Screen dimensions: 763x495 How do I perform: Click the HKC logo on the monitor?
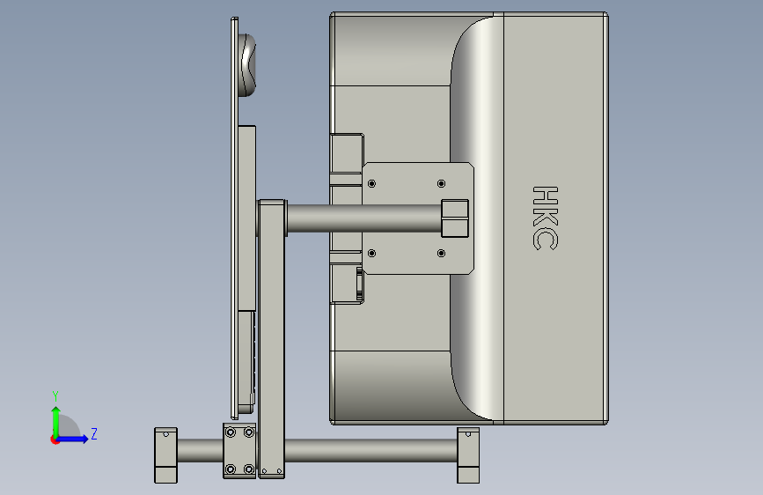coord(546,218)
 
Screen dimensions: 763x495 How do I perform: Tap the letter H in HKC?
coord(546,196)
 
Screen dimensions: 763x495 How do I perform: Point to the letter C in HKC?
coord(546,240)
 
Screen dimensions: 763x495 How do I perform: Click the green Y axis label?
coord(55,396)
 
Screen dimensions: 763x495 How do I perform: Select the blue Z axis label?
coord(94,433)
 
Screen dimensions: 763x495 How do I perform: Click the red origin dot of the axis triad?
coord(55,440)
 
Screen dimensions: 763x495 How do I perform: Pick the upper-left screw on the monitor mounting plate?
coord(371,184)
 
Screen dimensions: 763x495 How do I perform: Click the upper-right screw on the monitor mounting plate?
coord(442,184)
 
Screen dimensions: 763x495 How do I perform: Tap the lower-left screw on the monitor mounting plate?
coord(371,254)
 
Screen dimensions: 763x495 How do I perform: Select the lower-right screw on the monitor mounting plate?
coord(442,254)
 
